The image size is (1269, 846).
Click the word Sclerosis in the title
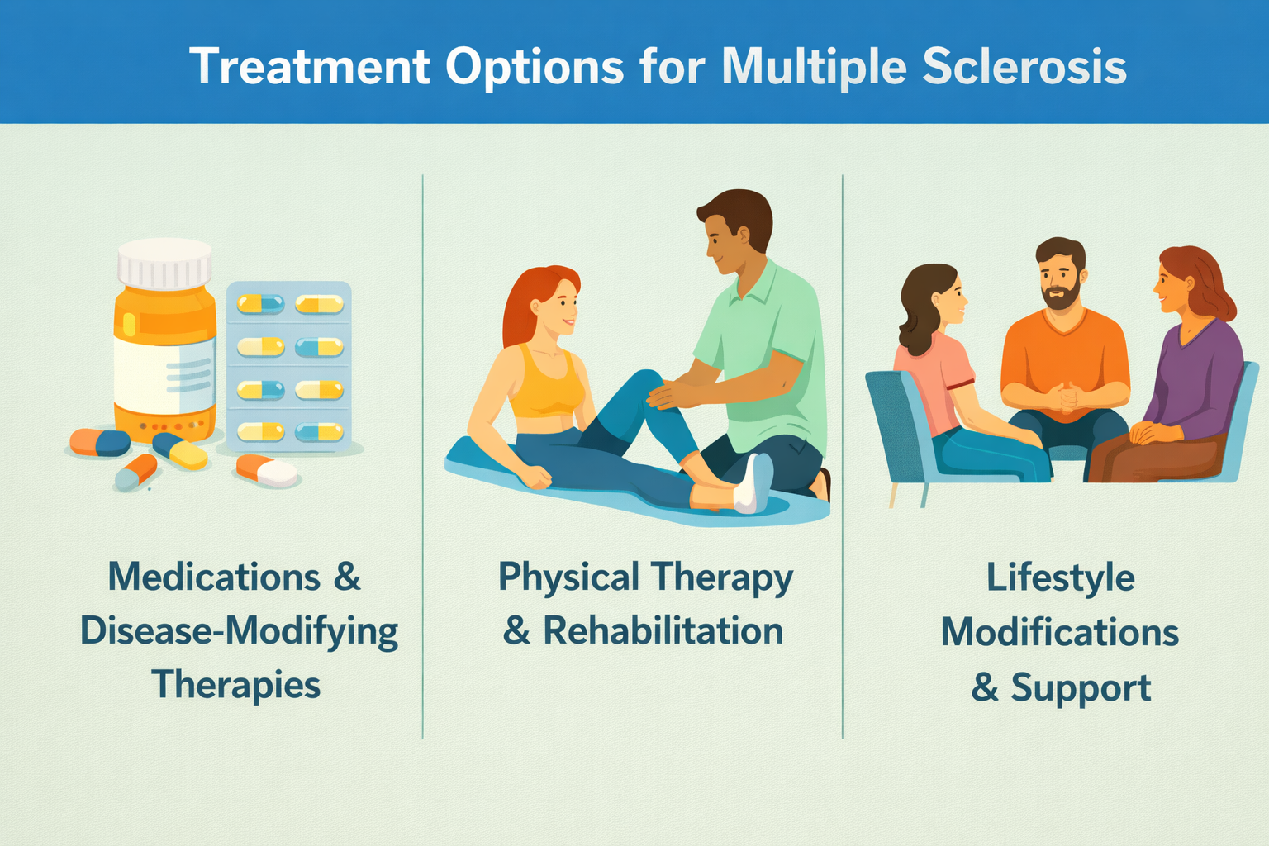[x=1024, y=67]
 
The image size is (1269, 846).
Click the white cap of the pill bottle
[x=164, y=264]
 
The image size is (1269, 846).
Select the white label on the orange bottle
[x=164, y=374]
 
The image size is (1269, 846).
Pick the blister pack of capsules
[x=289, y=366]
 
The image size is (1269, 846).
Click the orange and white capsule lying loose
[x=266, y=470]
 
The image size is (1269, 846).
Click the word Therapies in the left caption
[x=235, y=685]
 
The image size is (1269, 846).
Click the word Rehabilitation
[x=663, y=630]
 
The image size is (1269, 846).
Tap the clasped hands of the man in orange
[x=1062, y=396]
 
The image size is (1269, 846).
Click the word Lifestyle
[x=1061, y=579]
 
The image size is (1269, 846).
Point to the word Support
[x=1081, y=687]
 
